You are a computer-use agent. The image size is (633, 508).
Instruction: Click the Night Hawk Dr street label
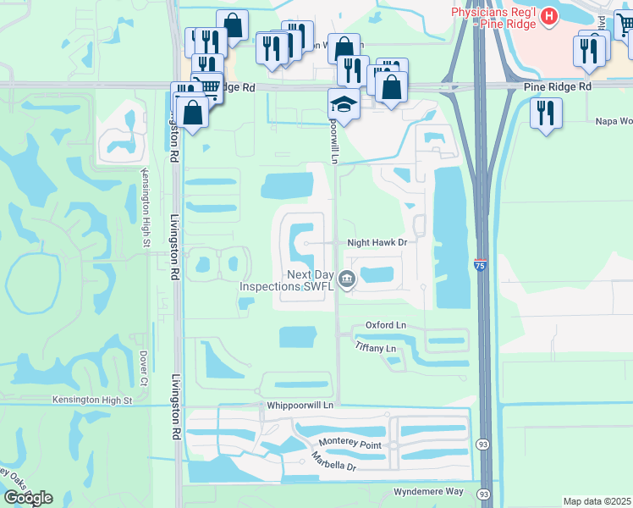(377, 242)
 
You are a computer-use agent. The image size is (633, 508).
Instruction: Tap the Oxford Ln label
(386, 325)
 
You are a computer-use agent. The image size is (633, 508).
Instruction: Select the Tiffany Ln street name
(376, 349)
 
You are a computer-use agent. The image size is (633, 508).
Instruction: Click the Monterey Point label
(350, 444)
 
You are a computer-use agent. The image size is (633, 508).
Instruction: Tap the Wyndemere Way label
(429, 492)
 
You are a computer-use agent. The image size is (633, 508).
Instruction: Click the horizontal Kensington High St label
(104, 400)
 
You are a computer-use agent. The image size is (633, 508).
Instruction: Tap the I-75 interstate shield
(480, 265)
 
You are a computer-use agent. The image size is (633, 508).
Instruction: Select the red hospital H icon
(549, 16)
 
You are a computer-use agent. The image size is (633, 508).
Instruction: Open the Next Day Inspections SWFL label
(288, 280)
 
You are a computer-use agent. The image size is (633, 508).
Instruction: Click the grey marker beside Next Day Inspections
(346, 279)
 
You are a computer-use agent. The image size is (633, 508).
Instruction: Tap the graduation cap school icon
(343, 106)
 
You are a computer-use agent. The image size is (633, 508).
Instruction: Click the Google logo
(28, 498)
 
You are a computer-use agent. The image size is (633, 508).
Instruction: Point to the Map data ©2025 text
(597, 501)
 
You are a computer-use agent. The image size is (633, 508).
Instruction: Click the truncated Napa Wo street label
(614, 121)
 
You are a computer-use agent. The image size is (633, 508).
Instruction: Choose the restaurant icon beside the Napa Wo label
(546, 113)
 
